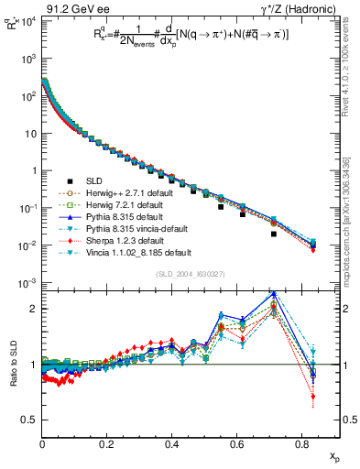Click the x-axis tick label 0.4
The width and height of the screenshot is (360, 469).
(172, 444)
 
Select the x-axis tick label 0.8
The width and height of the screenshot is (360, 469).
(302, 444)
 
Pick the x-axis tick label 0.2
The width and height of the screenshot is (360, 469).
(107, 444)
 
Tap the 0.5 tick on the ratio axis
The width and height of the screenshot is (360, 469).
(30, 420)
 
